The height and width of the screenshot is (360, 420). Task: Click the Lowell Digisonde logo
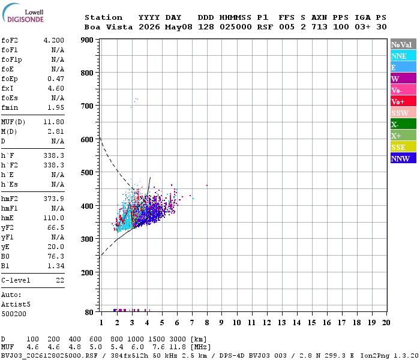pyautogui.click(x=23, y=13)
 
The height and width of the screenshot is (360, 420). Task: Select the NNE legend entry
pyautogui.click(x=403, y=56)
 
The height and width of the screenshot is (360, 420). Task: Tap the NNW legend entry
pyautogui.click(x=403, y=158)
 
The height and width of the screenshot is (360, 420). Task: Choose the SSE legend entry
pyautogui.click(x=403, y=147)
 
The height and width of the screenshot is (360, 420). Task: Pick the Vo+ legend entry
pyautogui.click(x=403, y=101)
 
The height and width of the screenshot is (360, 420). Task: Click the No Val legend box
pyautogui.click(x=403, y=44)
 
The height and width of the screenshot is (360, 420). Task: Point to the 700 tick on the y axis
pyautogui.click(x=88, y=106)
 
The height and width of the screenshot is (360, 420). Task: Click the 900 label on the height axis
pyautogui.click(x=88, y=40)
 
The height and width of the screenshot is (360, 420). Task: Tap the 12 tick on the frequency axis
pyautogui.click(x=266, y=322)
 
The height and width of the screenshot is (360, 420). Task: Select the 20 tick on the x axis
pyautogui.click(x=386, y=322)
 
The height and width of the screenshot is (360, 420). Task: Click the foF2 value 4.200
pyautogui.click(x=54, y=40)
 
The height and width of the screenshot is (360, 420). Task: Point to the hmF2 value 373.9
pyautogui.click(x=54, y=199)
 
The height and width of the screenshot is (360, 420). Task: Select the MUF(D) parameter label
pyautogui.click(x=13, y=122)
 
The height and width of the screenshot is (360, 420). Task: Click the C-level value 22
pyautogui.click(x=60, y=280)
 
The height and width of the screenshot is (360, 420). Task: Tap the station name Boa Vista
pyautogui.click(x=109, y=27)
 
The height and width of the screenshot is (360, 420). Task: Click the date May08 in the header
pyautogui.click(x=179, y=27)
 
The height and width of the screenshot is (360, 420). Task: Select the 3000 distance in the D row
pyautogui.click(x=178, y=339)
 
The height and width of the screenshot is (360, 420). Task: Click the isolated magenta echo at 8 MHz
pyautogui.click(x=207, y=185)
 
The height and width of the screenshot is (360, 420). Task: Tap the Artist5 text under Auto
pyautogui.click(x=16, y=305)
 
